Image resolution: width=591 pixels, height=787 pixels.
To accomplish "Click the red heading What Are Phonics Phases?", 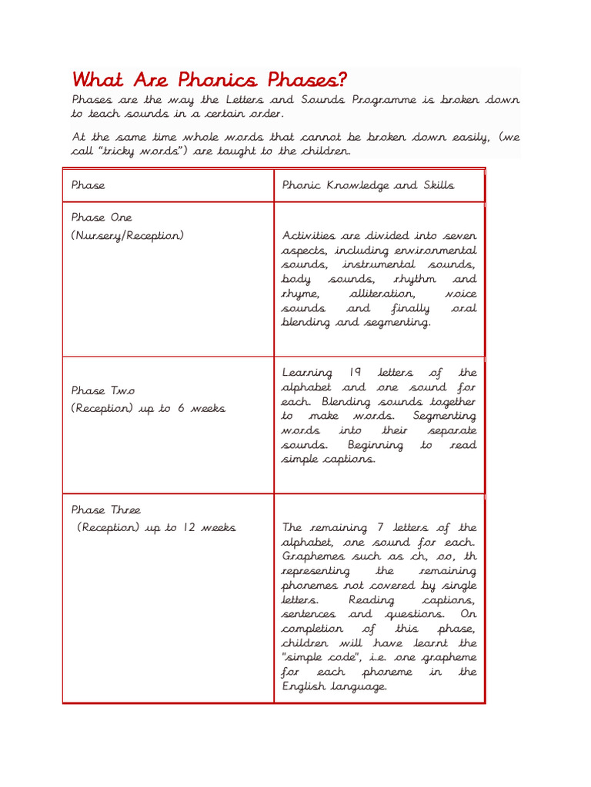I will click(x=209, y=80).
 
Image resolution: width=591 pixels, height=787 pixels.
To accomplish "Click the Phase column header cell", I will click(x=88, y=185).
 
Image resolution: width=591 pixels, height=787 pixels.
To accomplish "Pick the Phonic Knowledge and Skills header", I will click(x=368, y=185).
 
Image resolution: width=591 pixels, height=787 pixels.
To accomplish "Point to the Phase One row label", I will click(x=102, y=218).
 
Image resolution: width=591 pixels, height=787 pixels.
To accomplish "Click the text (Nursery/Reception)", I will click(x=128, y=235).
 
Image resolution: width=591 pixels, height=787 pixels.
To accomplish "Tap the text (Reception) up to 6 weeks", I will click(x=149, y=409).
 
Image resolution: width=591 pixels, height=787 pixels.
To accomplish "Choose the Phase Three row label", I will click(x=106, y=510).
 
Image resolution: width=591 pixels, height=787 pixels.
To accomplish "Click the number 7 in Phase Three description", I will click(x=380, y=528).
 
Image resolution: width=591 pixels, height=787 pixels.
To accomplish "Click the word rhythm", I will click(x=414, y=279).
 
